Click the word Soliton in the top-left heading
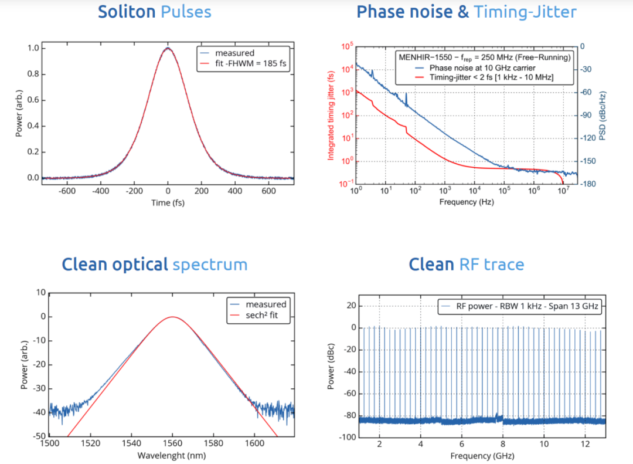click(x=126, y=12)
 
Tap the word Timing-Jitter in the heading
click(x=525, y=12)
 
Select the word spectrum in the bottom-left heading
click(x=210, y=265)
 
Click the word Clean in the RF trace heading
click(x=431, y=265)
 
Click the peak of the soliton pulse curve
click(x=168, y=48)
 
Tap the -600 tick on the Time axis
click(x=67, y=191)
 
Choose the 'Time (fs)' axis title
click(x=168, y=204)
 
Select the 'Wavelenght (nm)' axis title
click(x=172, y=456)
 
